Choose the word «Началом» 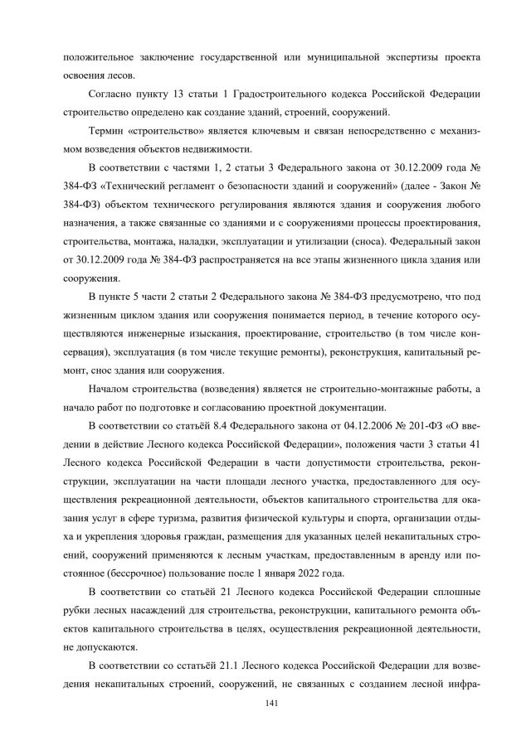click(x=113, y=389)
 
